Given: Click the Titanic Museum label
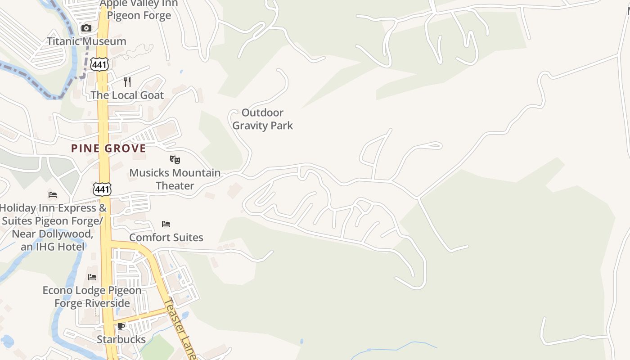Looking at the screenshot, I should pos(86,41).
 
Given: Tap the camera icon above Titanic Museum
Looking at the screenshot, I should pos(86,28).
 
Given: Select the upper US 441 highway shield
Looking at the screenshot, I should pos(99,64).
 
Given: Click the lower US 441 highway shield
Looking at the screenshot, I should pos(102,189).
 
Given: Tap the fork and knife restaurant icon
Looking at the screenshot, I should pos(127,81).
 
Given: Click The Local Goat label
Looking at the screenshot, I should pos(127,95).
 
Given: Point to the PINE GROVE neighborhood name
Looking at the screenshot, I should pos(108,148).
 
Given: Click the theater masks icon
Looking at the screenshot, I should pos(175,159).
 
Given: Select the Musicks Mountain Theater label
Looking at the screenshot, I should pos(175,179).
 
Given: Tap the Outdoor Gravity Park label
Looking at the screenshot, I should pos(263,119).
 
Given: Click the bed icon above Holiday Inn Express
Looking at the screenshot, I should pos(53,195).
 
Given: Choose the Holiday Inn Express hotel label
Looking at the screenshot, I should pos(53,227).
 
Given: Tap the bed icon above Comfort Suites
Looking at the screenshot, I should pos(166,224).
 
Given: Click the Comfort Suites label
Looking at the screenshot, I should pos(166,237).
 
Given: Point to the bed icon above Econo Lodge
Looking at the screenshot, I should pos(92,277).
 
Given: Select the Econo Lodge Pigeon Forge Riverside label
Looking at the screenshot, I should pos(92,297).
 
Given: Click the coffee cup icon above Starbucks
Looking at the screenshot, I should pos(121,326).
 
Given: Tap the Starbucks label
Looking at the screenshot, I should pos(121,339).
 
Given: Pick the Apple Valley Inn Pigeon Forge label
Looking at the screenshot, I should pos(139,9).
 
